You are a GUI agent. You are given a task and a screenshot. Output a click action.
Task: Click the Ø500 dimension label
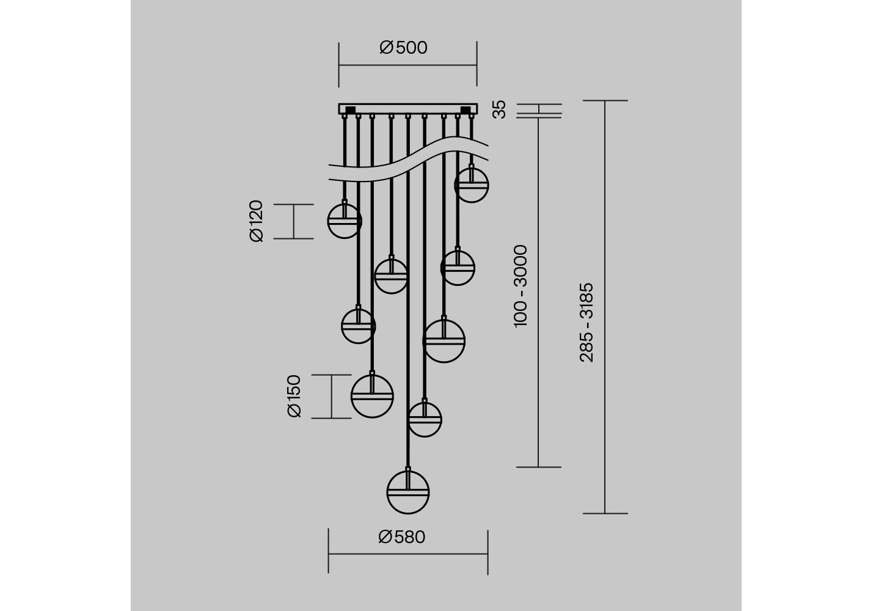(x=403, y=48)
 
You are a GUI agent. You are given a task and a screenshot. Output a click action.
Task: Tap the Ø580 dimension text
(x=402, y=537)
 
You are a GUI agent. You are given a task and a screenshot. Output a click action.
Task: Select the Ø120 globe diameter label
(x=257, y=221)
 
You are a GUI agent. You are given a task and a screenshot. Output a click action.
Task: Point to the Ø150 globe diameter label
(x=294, y=396)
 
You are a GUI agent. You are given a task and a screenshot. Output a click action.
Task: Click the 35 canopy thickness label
(x=499, y=109)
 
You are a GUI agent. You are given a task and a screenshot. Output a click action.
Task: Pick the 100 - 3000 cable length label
(x=521, y=287)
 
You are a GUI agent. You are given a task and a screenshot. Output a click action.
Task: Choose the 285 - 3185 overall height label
(x=586, y=323)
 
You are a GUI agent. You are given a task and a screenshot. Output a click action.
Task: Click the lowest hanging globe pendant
(x=407, y=492)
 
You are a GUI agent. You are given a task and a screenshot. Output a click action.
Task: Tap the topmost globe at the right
(x=472, y=185)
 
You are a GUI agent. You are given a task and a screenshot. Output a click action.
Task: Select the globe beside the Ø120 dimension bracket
(x=345, y=221)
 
